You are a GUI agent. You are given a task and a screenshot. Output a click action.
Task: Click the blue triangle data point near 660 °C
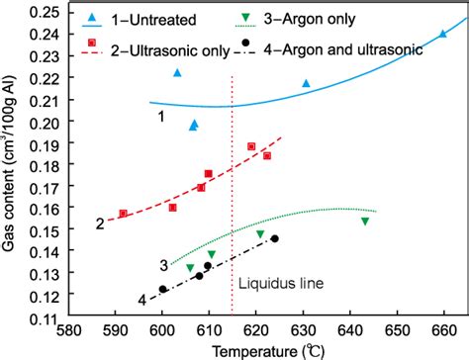pyautogui.click(x=442, y=34)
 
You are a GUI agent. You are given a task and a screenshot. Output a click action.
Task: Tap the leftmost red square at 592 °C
pyautogui.click(x=124, y=214)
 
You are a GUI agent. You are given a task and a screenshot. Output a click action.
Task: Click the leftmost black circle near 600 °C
pyautogui.click(x=162, y=289)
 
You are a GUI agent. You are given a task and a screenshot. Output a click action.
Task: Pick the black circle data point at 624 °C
pyautogui.click(x=275, y=238)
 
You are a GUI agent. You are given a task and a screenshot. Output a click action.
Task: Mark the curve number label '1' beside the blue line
pyautogui.click(x=159, y=118)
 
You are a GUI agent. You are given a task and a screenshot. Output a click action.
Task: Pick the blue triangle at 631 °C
pyautogui.click(x=306, y=84)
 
